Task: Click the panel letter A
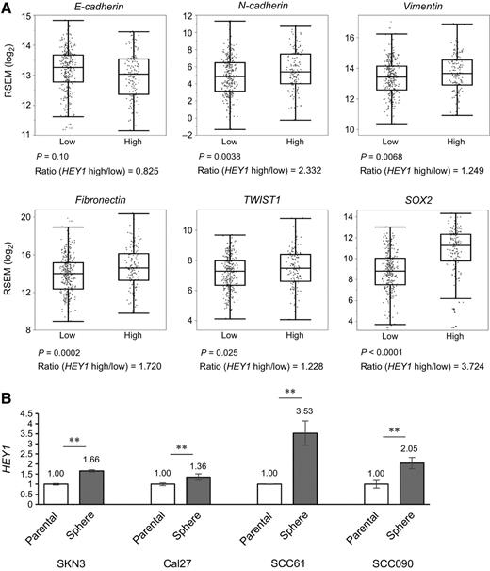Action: point(8,8)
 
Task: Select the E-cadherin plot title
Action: point(98,8)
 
